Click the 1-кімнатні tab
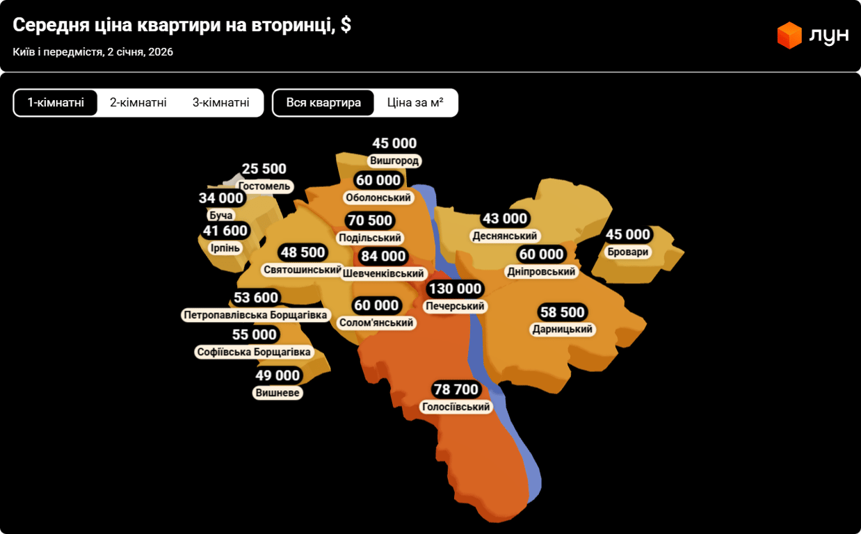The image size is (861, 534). (56, 103)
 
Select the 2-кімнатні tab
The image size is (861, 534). (138, 103)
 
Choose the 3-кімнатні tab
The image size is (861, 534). (221, 103)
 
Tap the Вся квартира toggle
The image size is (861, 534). (323, 103)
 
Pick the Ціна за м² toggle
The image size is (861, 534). (415, 103)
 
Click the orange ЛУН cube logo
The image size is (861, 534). (790, 35)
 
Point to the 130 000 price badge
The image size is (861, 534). (455, 289)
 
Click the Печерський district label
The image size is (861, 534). (455, 307)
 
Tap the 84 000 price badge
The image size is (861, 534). (383, 257)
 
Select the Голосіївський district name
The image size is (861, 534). (456, 407)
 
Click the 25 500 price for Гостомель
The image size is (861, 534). (264, 169)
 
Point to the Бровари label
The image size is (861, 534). (627, 252)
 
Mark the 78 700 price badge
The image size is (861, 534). (456, 389)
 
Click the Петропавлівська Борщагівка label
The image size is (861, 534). (255, 316)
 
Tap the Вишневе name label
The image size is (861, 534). (277, 393)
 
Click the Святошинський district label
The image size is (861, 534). (303, 270)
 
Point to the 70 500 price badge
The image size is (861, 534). (370, 221)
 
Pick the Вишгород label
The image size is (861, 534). (394, 161)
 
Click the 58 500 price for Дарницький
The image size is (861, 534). (563, 312)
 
